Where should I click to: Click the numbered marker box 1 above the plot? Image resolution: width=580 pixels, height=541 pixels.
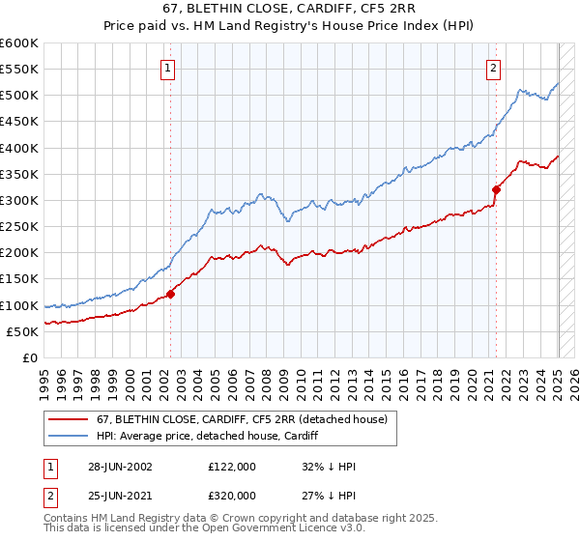168,68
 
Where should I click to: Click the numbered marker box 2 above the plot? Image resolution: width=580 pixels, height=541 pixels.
493,68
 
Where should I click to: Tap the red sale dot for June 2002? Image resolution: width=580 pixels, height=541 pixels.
171,294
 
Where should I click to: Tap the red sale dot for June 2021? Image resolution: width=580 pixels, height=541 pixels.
496,189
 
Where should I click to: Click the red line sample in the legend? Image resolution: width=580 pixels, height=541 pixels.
69,419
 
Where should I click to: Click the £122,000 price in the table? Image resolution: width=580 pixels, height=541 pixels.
232,466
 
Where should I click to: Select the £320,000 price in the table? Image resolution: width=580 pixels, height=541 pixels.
232,497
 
